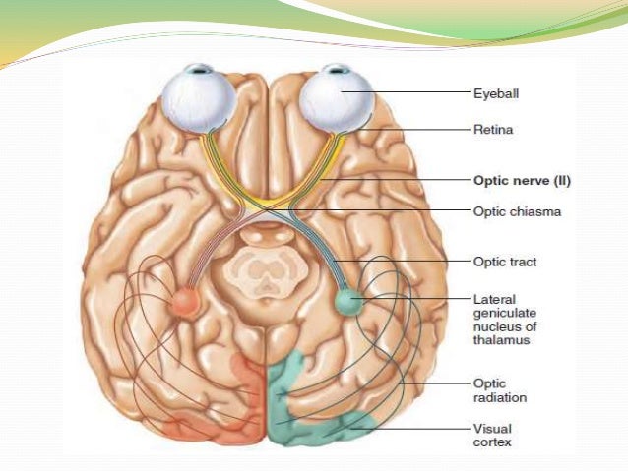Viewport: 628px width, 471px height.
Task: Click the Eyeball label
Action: (497, 94)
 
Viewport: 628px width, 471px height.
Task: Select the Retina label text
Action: (493, 128)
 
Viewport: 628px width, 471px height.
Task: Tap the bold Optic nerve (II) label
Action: (522, 181)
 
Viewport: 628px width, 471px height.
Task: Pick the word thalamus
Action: (500, 340)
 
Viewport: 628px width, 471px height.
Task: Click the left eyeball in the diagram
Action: (199, 97)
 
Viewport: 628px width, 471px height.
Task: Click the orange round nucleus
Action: (184, 299)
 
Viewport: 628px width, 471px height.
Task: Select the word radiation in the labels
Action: (500, 398)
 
